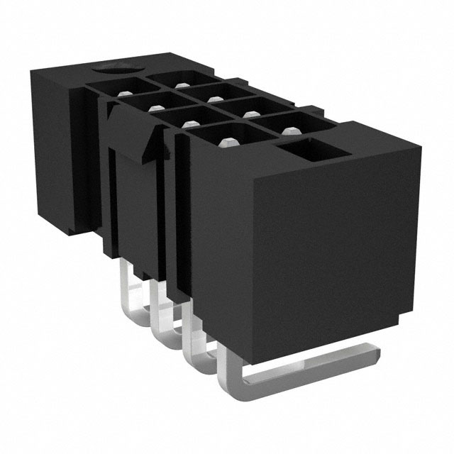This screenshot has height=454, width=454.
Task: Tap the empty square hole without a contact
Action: click(x=302, y=150)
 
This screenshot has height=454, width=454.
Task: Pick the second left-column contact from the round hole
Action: click(x=153, y=106)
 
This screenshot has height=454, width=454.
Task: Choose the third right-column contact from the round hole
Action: click(x=249, y=111)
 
